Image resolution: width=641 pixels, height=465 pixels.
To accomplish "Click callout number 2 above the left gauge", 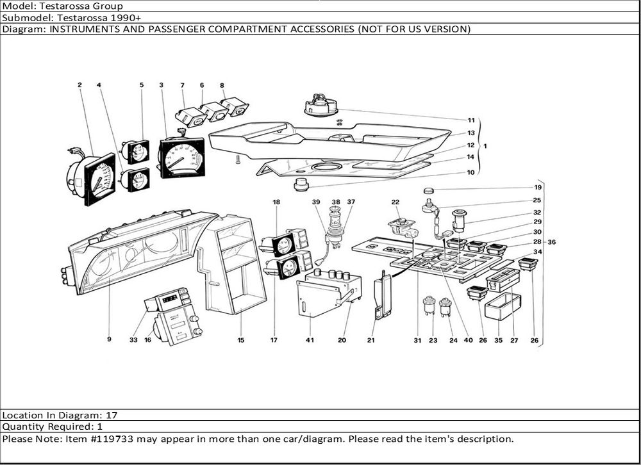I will pyautogui.click(x=80, y=85).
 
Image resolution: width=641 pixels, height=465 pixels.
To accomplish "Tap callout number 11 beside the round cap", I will pyautogui.click(x=470, y=120).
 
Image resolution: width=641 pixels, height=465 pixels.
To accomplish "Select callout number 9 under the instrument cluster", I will pyautogui.click(x=109, y=340).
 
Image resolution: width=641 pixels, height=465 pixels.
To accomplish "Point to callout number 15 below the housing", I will pyautogui.click(x=241, y=340).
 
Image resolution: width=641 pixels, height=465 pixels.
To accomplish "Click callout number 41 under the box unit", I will pyautogui.click(x=310, y=340).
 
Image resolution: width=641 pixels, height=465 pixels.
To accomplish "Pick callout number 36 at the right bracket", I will pyautogui.click(x=551, y=242).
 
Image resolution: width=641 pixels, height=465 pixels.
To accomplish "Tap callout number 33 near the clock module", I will pyautogui.click(x=133, y=340).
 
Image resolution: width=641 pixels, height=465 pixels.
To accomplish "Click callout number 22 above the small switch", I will pyautogui.click(x=395, y=202).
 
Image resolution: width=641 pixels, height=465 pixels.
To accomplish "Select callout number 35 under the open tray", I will pyautogui.click(x=498, y=340).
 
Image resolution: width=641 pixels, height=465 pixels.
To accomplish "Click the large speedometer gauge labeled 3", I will pyautogui.click(x=181, y=158).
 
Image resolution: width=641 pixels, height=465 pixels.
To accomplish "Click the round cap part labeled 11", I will pyautogui.click(x=320, y=105).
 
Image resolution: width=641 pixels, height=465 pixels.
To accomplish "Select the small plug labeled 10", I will pyautogui.click(x=301, y=186).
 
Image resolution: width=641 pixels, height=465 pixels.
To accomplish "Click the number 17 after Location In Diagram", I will pyautogui.click(x=112, y=415).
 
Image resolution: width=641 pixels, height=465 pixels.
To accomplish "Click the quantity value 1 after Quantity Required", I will pyautogui.click(x=100, y=427).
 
